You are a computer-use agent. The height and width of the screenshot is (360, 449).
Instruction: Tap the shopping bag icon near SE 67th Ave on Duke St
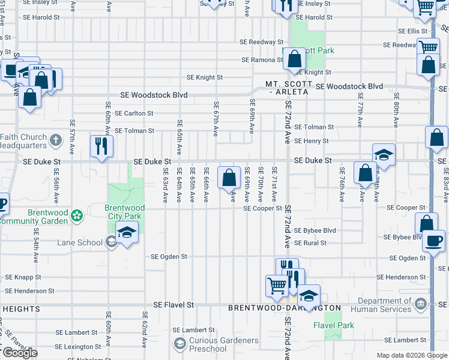point(229,178)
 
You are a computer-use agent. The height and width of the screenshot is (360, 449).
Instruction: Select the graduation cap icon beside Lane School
point(127,233)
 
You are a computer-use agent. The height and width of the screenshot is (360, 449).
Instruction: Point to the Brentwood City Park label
point(125,212)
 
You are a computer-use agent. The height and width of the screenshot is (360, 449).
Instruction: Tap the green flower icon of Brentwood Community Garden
point(77,215)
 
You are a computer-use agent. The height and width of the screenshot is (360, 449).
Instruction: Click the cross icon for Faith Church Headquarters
point(55,141)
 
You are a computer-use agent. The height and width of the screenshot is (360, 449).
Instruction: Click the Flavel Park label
point(334,325)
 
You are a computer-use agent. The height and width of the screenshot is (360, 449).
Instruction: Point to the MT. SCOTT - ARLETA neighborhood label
point(290,88)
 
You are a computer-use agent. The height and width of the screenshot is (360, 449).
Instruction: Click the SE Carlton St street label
point(134,113)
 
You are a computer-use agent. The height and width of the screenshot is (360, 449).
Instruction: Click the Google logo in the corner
point(20,353)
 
